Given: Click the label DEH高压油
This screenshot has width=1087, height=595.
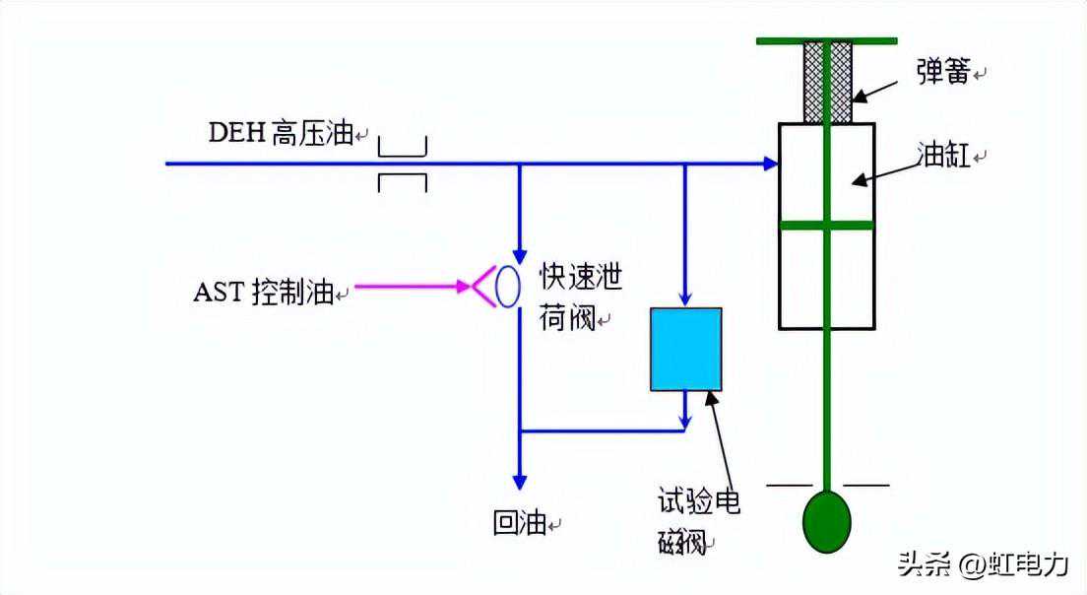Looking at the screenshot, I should pos(281,133).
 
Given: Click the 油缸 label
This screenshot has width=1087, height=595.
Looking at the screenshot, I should pos(943,156).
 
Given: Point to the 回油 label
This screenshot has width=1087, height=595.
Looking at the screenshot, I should pos(520,523).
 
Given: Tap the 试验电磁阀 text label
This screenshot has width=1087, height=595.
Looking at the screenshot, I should pos(698,521).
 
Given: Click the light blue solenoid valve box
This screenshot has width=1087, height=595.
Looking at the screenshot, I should pos(685,350).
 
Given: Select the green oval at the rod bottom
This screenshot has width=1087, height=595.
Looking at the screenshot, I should pos(826,522).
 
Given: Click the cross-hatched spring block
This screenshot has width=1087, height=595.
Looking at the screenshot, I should pos(827,83).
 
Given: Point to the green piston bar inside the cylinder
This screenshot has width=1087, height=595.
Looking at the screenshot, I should pos(826,225).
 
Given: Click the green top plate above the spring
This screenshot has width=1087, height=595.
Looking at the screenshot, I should pos(826,40).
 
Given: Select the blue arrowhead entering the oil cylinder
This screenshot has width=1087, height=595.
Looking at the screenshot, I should pos(769,163).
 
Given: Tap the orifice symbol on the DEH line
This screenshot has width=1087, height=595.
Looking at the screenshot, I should pos(403,165).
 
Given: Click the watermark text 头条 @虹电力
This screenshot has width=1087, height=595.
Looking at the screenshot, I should pos(982,563).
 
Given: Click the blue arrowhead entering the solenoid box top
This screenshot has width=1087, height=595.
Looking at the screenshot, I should pos(685,297).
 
